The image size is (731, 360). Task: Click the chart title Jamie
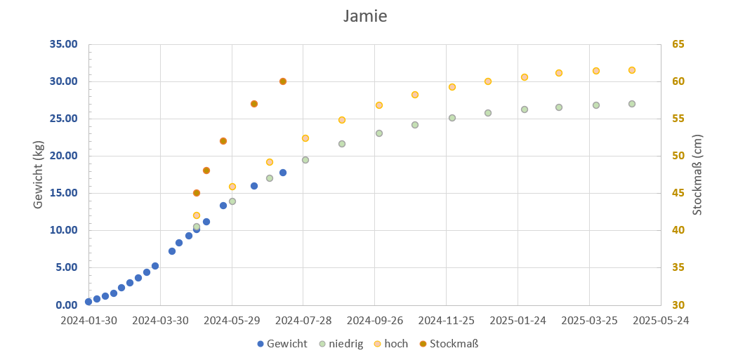click(x=365, y=16)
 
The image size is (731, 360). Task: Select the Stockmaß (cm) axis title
click(x=697, y=175)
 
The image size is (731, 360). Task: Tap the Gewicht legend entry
click(x=282, y=344)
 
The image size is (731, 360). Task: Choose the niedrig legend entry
click(x=342, y=344)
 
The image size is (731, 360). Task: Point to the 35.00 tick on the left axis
click(x=63, y=44)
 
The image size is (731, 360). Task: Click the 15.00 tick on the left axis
click(x=63, y=193)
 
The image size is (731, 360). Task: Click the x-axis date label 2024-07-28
click(x=304, y=321)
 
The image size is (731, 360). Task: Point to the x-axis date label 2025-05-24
click(x=660, y=321)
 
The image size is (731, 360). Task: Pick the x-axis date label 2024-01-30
click(x=89, y=321)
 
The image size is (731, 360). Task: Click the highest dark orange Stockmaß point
click(x=283, y=81)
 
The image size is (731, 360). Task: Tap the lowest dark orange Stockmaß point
click(x=197, y=193)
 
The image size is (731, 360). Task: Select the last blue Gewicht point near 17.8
click(x=283, y=173)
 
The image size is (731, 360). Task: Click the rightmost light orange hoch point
click(x=632, y=70)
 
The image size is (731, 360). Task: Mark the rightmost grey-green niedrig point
click(x=632, y=104)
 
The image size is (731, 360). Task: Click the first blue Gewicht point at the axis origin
click(x=88, y=302)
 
